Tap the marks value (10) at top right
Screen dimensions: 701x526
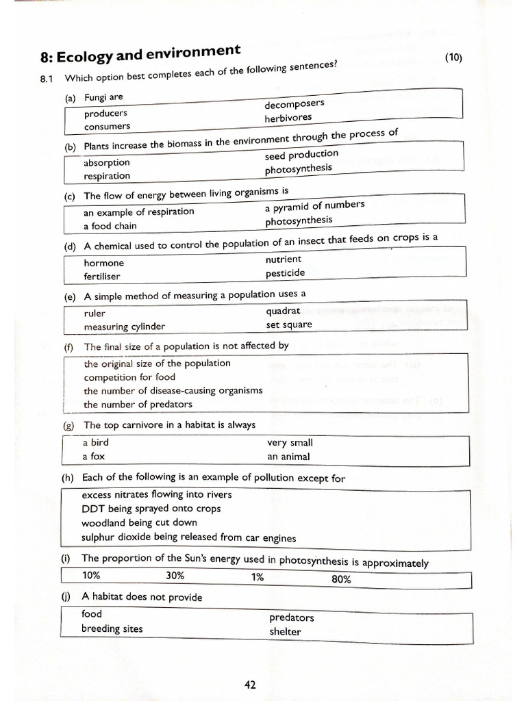click(x=453, y=58)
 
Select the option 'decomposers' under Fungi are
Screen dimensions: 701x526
click(x=295, y=103)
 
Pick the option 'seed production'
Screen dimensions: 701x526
click(x=301, y=155)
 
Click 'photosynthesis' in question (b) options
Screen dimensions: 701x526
click(x=299, y=168)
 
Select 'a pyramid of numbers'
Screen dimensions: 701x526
click(x=314, y=205)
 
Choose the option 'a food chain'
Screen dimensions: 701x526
click(x=110, y=226)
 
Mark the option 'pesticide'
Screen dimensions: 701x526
click(x=286, y=273)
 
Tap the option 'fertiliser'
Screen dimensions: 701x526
click(x=102, y=277)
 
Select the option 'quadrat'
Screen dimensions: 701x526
click(x=284, y=311)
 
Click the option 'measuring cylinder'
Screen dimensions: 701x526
click(x=124, y=327)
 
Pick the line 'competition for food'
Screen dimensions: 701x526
click(x=129, y=377)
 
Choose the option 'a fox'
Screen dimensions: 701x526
click(x=95, y=457)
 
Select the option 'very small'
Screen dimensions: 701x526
click(x=290, y=443)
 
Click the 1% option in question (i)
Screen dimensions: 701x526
click(x=258, y=576)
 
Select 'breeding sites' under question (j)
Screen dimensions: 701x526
click(x=112, y=628)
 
